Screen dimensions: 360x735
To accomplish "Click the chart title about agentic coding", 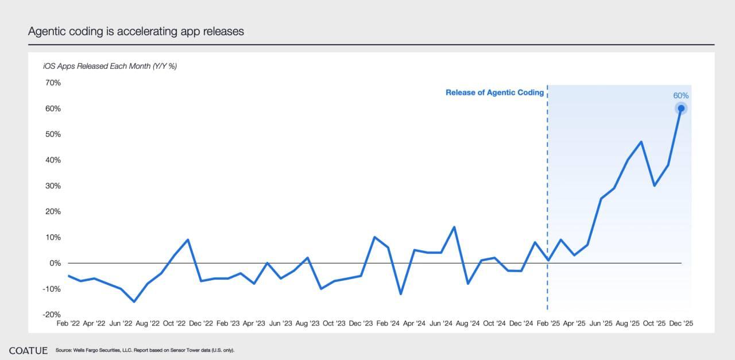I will point(136,32).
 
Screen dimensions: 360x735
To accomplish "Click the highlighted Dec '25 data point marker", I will point(681,108).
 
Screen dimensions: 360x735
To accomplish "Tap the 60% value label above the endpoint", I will point(680,96).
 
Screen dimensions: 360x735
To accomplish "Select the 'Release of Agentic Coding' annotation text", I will point(494,92).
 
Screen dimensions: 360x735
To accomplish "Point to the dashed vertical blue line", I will point(547,201).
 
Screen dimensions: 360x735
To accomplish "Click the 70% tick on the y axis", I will point(52,83).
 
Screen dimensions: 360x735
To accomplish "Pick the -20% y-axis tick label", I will point(51,315).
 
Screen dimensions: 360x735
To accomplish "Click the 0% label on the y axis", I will point(55,263).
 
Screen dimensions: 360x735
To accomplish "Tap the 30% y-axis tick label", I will point(52,186).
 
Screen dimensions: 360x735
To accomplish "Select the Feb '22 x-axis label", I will point(68,324).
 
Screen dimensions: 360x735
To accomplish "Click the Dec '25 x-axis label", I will point(681,324).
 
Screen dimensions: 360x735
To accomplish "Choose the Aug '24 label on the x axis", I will point(467,324).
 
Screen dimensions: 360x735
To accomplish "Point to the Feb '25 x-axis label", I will point(547,324).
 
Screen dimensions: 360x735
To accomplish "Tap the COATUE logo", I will point(28,350).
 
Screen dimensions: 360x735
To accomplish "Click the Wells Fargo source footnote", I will point(145,350).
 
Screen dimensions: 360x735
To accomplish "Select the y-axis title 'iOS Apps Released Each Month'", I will point(110,66).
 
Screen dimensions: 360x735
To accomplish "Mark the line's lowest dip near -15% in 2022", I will point(134,301).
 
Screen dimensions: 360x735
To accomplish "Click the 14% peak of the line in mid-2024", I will point(454,227).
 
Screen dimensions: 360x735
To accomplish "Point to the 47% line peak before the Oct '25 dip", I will point(641,142).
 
